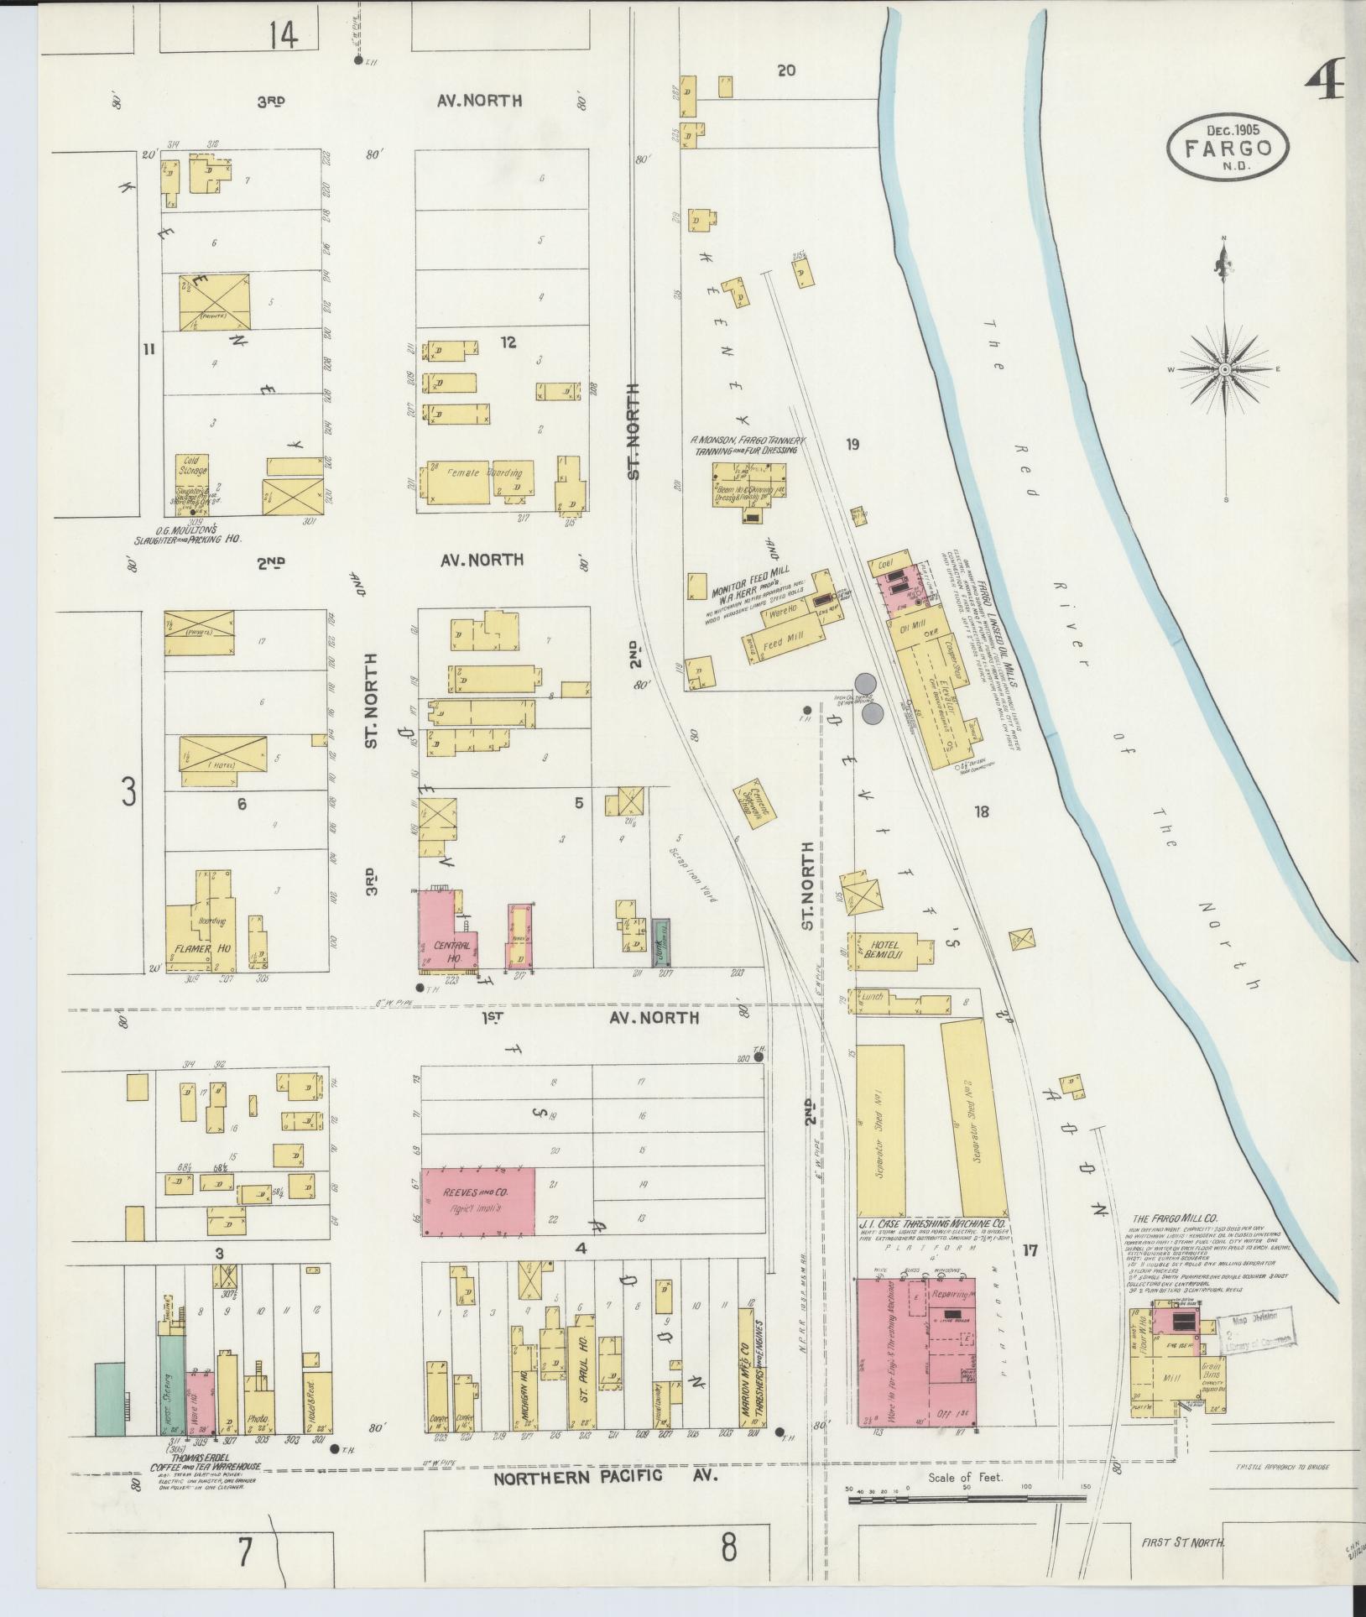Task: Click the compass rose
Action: [1225, 370]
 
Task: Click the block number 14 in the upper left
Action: [283, 35]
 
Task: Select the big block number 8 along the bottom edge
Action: [728, 1546]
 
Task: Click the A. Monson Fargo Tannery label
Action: [747, 445]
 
